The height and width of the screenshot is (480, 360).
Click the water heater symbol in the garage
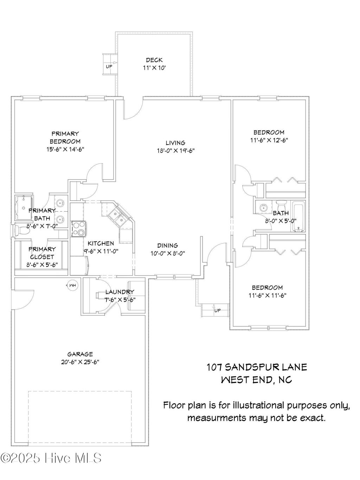(x=72, y=285)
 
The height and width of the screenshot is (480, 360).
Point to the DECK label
(x=154, y=60)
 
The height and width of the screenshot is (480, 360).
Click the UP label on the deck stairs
(x=109, y=67)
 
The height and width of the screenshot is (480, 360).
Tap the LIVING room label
(x=175, y=143)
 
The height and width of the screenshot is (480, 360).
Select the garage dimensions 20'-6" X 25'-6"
(x=80, y=362)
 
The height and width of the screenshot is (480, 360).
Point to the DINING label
(x=168, y=245)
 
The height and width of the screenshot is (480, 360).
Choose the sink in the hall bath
(x=262, y=207)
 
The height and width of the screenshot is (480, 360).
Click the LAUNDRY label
(x=120, y=292)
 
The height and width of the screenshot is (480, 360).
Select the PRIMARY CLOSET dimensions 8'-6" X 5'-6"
(x=42, y=265)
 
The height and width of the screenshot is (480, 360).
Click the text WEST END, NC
(x=257, y=380)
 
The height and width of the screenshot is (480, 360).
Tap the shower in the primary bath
(x=24, y=207)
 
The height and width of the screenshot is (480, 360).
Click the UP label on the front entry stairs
(x=218, y=310)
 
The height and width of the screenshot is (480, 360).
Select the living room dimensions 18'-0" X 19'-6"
(x=176, y=151)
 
